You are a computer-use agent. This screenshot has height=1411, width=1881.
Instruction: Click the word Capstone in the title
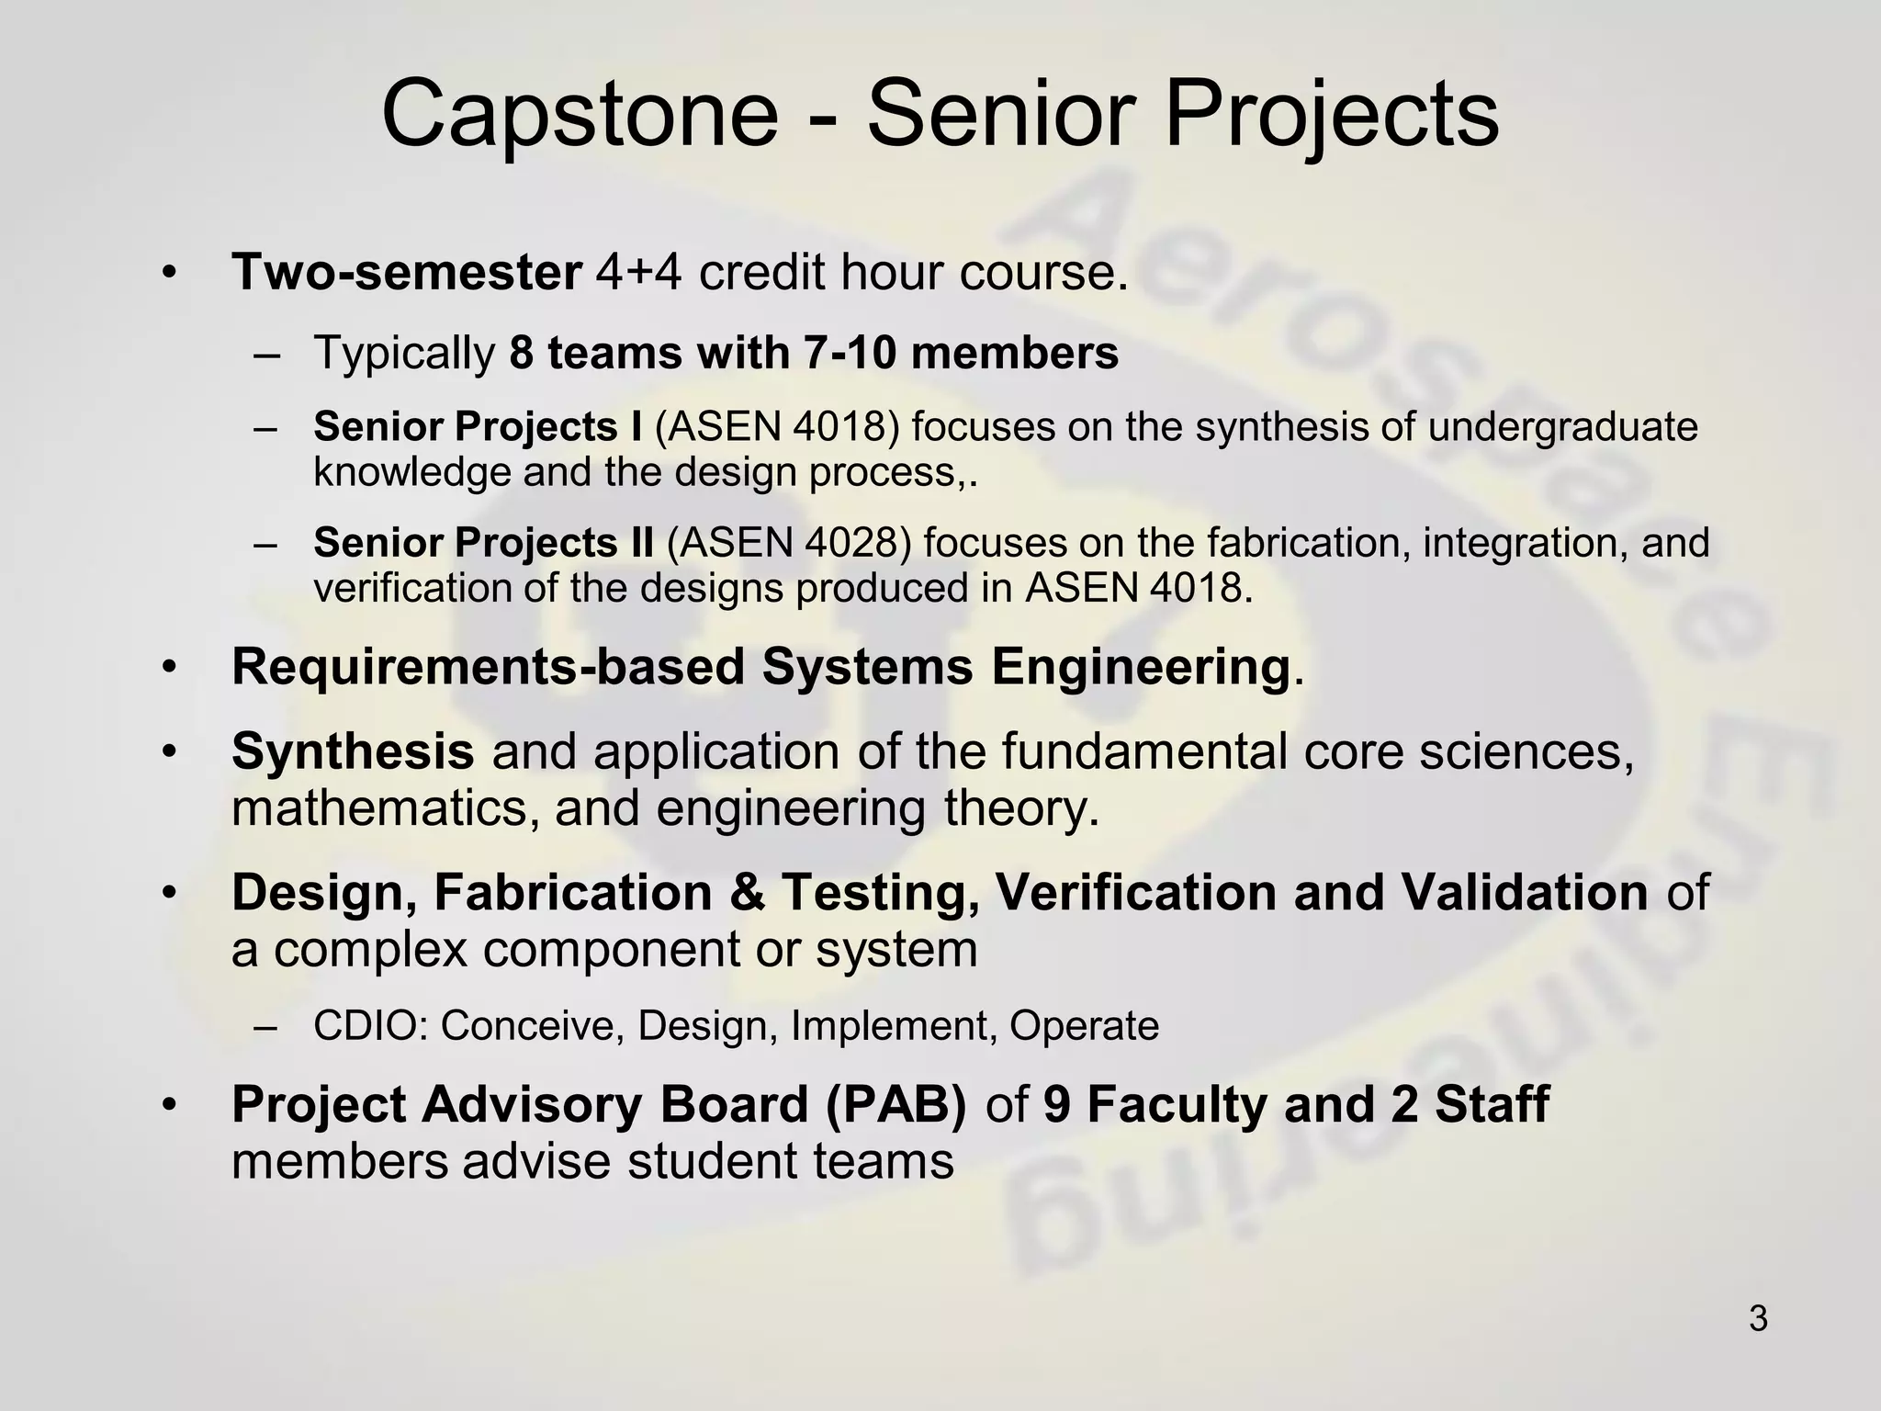tap(580, 114)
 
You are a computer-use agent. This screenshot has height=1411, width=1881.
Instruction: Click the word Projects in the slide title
tap(1332, 114)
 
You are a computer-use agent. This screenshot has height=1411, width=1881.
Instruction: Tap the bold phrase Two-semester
tap(406, 272)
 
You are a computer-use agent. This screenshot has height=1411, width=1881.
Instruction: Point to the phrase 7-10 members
tap(961, 353)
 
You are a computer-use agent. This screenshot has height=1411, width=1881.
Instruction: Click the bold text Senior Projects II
tap(483, 543)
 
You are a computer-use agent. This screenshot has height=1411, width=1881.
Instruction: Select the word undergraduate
tap(1562, 427)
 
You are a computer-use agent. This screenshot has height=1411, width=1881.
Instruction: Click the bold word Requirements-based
tap(487, 667)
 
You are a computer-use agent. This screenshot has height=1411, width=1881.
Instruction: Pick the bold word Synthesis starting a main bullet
tap(353, 751)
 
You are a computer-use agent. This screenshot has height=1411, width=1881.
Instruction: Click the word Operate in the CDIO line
tap(1084, 1026)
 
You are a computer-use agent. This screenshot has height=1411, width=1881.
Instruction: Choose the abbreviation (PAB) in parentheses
tap(895, 1104)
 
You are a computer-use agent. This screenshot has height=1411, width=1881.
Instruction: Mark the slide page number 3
tap(1758, 1319)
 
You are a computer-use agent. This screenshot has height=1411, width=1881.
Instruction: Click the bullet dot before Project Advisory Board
tap(167, 1104)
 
